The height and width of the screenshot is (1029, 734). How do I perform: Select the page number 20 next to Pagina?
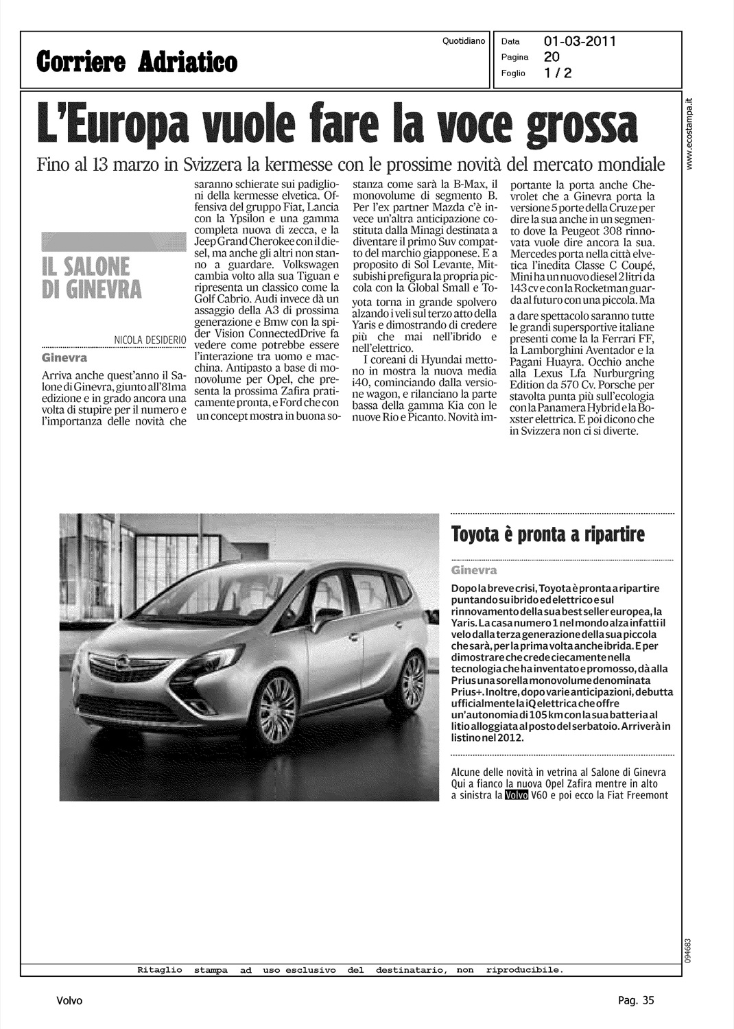coord(550,58)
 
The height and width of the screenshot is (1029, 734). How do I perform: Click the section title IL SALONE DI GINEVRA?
coord(91,277)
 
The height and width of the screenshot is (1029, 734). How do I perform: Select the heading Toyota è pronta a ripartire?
coord(547,534)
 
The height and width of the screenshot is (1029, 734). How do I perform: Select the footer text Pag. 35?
coord(635,1000)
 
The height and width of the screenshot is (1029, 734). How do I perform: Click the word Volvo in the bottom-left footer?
coord(69,1000)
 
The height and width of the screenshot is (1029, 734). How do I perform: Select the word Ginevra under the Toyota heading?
coord(474,571)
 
